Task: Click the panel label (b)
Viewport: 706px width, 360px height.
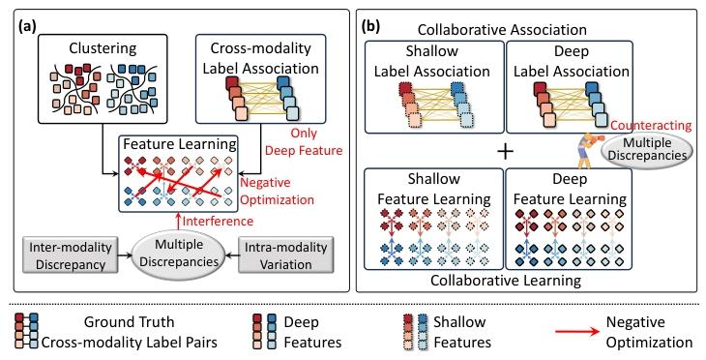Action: [x=371, y=26]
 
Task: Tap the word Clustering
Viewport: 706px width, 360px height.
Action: [x=102, y=47]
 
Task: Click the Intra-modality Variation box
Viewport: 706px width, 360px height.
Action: [x=285, y=255]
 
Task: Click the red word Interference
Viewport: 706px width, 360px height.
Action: [x=218, y=221]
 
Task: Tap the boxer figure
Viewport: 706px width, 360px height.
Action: [x=588, y=149]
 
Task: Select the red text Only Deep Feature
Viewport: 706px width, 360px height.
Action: [x=303, y=142]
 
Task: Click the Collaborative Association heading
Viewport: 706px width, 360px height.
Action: [x=502, y=30]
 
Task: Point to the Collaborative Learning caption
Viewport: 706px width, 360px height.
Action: [x=506, y=281]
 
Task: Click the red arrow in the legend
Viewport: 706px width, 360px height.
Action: [x=577, y=332]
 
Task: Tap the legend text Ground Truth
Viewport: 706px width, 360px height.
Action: [x=129, y=322]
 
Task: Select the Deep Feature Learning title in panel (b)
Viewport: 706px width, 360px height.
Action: [x=570, y=190]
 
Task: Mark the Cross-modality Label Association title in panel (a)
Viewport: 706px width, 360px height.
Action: [x=261, y=59]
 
